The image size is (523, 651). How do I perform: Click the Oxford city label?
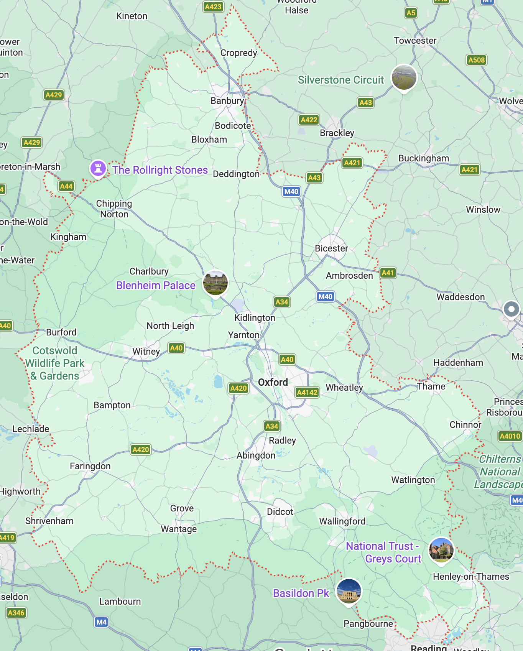pyautogui.click(x=273, y=382)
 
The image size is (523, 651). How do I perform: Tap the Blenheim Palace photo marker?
pyautogui.click(x=215, y=283)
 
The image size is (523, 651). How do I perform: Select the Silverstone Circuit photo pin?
pyautogui.click(x=403, y=77)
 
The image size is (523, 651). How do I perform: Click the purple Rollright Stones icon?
pyautogui.click(x=98, y=168)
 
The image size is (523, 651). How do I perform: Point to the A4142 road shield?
pyautogui.click(x=307, y=392)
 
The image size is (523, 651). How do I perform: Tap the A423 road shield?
pyautogui.click(x=213, y=7)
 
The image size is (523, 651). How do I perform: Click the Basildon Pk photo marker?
pyautogui.click(x=348, y=591)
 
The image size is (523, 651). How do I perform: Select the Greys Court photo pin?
pyautogui.click(x=441, y=550)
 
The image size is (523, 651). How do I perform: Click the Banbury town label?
pyautogui.click(x=227, y=101)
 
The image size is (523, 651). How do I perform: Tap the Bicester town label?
pyautogui.click(x=331, y=248)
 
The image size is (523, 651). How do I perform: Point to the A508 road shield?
pyautogui.click(x=477, y=60)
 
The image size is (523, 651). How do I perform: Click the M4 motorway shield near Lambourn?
pyautogui.click(x=101, y=622)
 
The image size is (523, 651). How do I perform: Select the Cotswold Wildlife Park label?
pyautogui.click(x=55, y=363)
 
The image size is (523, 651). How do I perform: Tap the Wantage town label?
pyautogui.click(x=179, y=529)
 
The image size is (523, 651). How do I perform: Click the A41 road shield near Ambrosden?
pyautogui.click(x=388, y=273)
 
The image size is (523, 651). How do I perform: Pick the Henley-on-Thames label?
pyautogui.click(x=471, y=577)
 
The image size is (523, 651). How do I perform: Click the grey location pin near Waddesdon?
pyautogui.click(x=511, y=309)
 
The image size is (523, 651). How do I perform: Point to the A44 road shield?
pyautogui.click(x=66, y=186)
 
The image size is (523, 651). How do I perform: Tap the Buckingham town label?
pyautogui.click(x=423, y=158)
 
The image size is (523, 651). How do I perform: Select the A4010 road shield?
pyautogui.click(x=510, y=436)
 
